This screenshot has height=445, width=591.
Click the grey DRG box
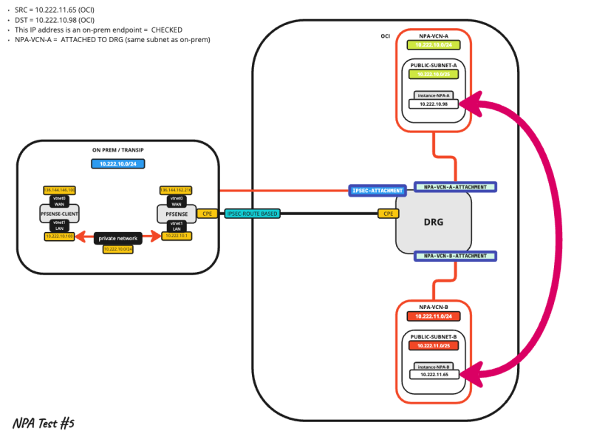pos(434,221)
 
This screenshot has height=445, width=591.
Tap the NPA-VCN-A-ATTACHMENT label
pos(455,187)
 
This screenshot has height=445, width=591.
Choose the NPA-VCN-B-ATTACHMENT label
pos(455,256)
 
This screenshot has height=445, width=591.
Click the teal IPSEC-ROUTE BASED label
pos(253,214)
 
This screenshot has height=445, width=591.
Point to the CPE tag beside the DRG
pos(388,214)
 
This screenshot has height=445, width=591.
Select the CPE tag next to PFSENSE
pos(207,214)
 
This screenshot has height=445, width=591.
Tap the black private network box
pos(118,237)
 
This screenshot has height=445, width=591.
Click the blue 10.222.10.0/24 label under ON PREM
pos(117,163)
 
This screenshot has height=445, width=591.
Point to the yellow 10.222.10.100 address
pos(59,237)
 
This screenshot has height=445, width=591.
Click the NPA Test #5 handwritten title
pos(43,424)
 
